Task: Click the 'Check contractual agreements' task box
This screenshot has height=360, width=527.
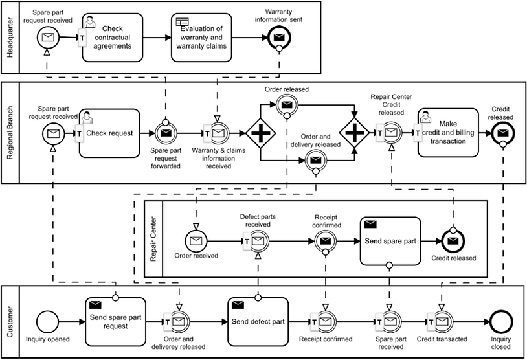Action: pyautogui.click(x=113, y=38)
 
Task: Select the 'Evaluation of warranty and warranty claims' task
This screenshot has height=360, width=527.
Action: pyautogui.click(x=201, y=38)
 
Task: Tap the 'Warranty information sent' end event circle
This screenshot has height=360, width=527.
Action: pyautogui.click(x=279, y=38)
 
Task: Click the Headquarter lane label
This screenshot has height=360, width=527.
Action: pyautogui.click(x=10, y=38)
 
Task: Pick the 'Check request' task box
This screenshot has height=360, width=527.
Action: pyautogui.click(x=109, y=133)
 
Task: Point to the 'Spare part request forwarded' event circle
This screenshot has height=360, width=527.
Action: pyautogui.click(x=166, y=133)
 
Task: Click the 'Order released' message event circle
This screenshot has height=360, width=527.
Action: pyautogui.click(x=287, y=105)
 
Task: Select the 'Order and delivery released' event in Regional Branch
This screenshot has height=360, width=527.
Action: pyautogui.click(x=315, y=161)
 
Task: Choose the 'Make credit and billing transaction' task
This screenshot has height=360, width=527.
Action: pyautogui.click(x=448, y=133)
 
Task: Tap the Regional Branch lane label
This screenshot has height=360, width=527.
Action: pyautogui.click(x=10, y=133)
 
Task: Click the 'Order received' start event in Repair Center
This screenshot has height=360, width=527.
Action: pyautogui.click(x=196, y=241)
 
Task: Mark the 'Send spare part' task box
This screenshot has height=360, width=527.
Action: pyautogui.click(x=390, y=241)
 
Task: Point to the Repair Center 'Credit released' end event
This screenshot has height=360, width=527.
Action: pyautogui.click(x=453, y=241)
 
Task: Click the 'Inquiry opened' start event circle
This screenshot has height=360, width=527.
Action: pyautogui.click(x=47, y=322)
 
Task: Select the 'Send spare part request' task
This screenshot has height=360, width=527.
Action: pyautogui.click(x=116, y=322)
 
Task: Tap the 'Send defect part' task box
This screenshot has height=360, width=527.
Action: pyautogui.click(x=258, y=322)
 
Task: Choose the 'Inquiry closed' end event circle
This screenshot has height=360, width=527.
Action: pyautogui.click(x=501, y=322)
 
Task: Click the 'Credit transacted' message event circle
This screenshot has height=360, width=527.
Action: pyautogui.click(x=442, y=322)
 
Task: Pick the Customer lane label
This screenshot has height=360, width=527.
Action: pyautogui.click(x=10, y=322)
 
